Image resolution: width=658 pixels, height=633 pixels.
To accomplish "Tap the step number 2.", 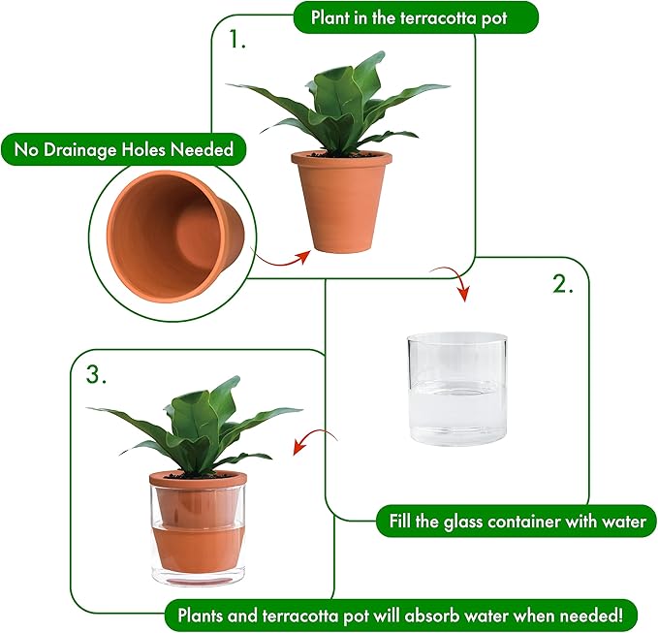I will pyautogui.click(x=562, y=285).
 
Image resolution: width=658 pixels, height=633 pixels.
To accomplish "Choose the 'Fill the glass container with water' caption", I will pyautogui.click(x=517, y=522).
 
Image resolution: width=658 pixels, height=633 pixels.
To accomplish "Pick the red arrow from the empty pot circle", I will pyautogui.click(x=285, y=259).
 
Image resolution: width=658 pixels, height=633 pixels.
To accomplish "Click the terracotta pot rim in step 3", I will pyautogui.click(x=198, y=478).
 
